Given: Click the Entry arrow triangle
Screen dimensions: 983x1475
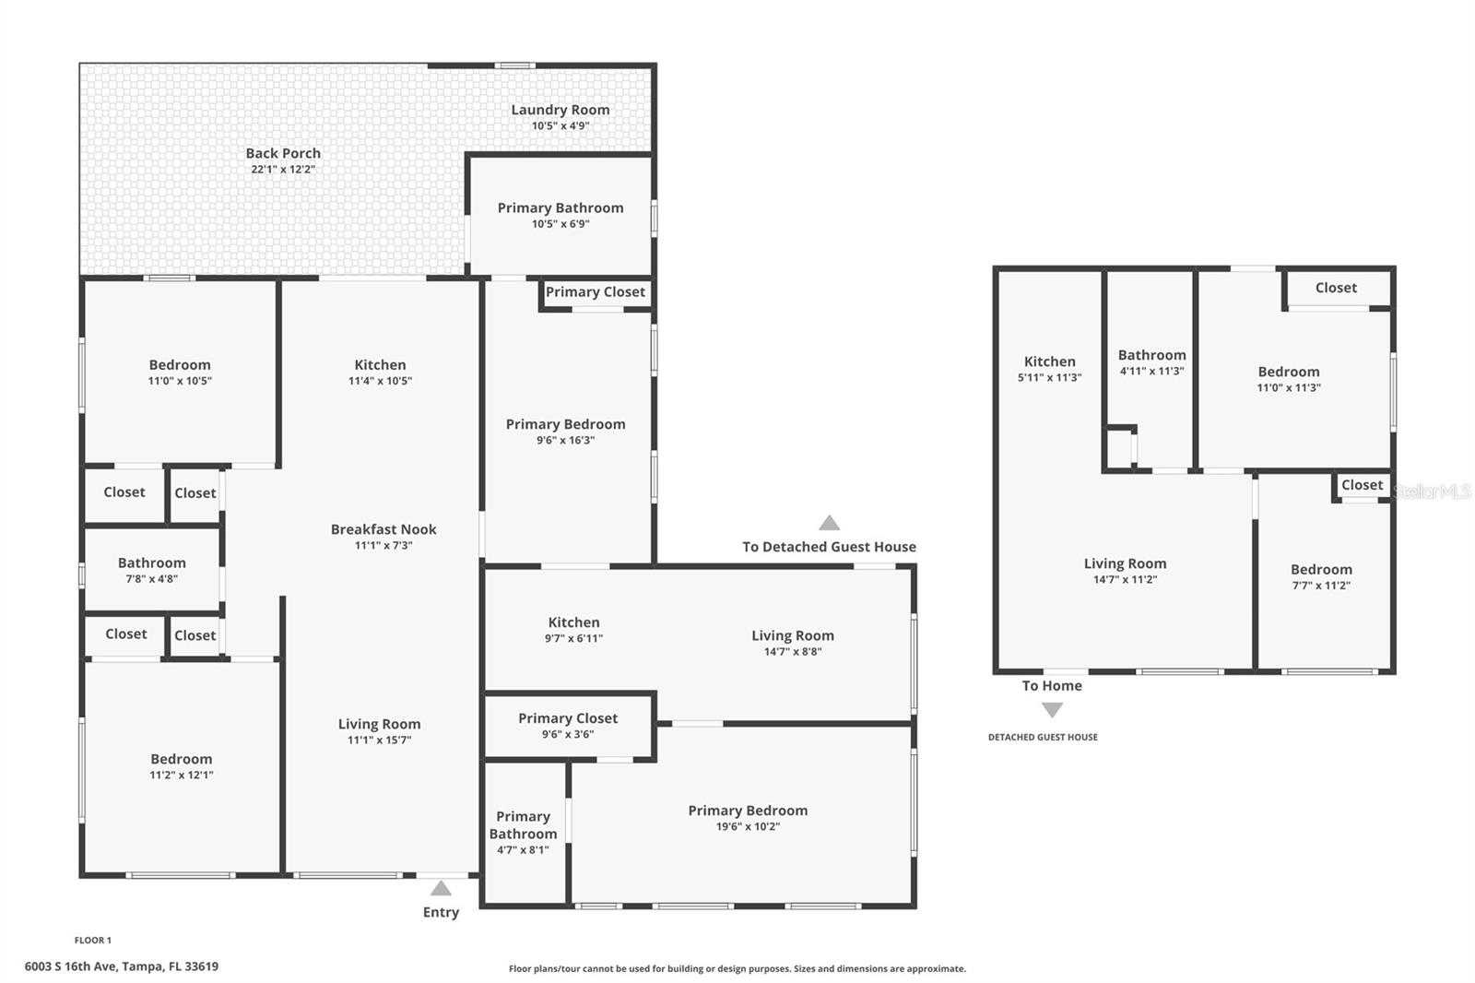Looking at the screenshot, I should (441, 889).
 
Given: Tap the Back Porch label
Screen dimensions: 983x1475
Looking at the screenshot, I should (283, 153).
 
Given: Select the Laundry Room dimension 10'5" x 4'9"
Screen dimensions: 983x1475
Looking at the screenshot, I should (560, 126).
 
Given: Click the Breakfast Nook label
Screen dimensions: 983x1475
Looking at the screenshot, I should (383, 529).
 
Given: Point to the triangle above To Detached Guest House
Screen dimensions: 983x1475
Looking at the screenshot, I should (829, 523).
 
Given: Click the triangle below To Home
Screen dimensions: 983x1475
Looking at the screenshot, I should (1052, 710).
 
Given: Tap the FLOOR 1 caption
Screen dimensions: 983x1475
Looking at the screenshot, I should (92, 941).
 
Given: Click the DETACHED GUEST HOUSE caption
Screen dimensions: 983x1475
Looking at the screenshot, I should (1043, 737).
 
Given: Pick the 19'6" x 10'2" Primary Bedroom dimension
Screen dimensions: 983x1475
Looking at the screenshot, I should (748, 827).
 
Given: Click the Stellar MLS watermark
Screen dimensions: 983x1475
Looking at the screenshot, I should (1432, 492).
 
